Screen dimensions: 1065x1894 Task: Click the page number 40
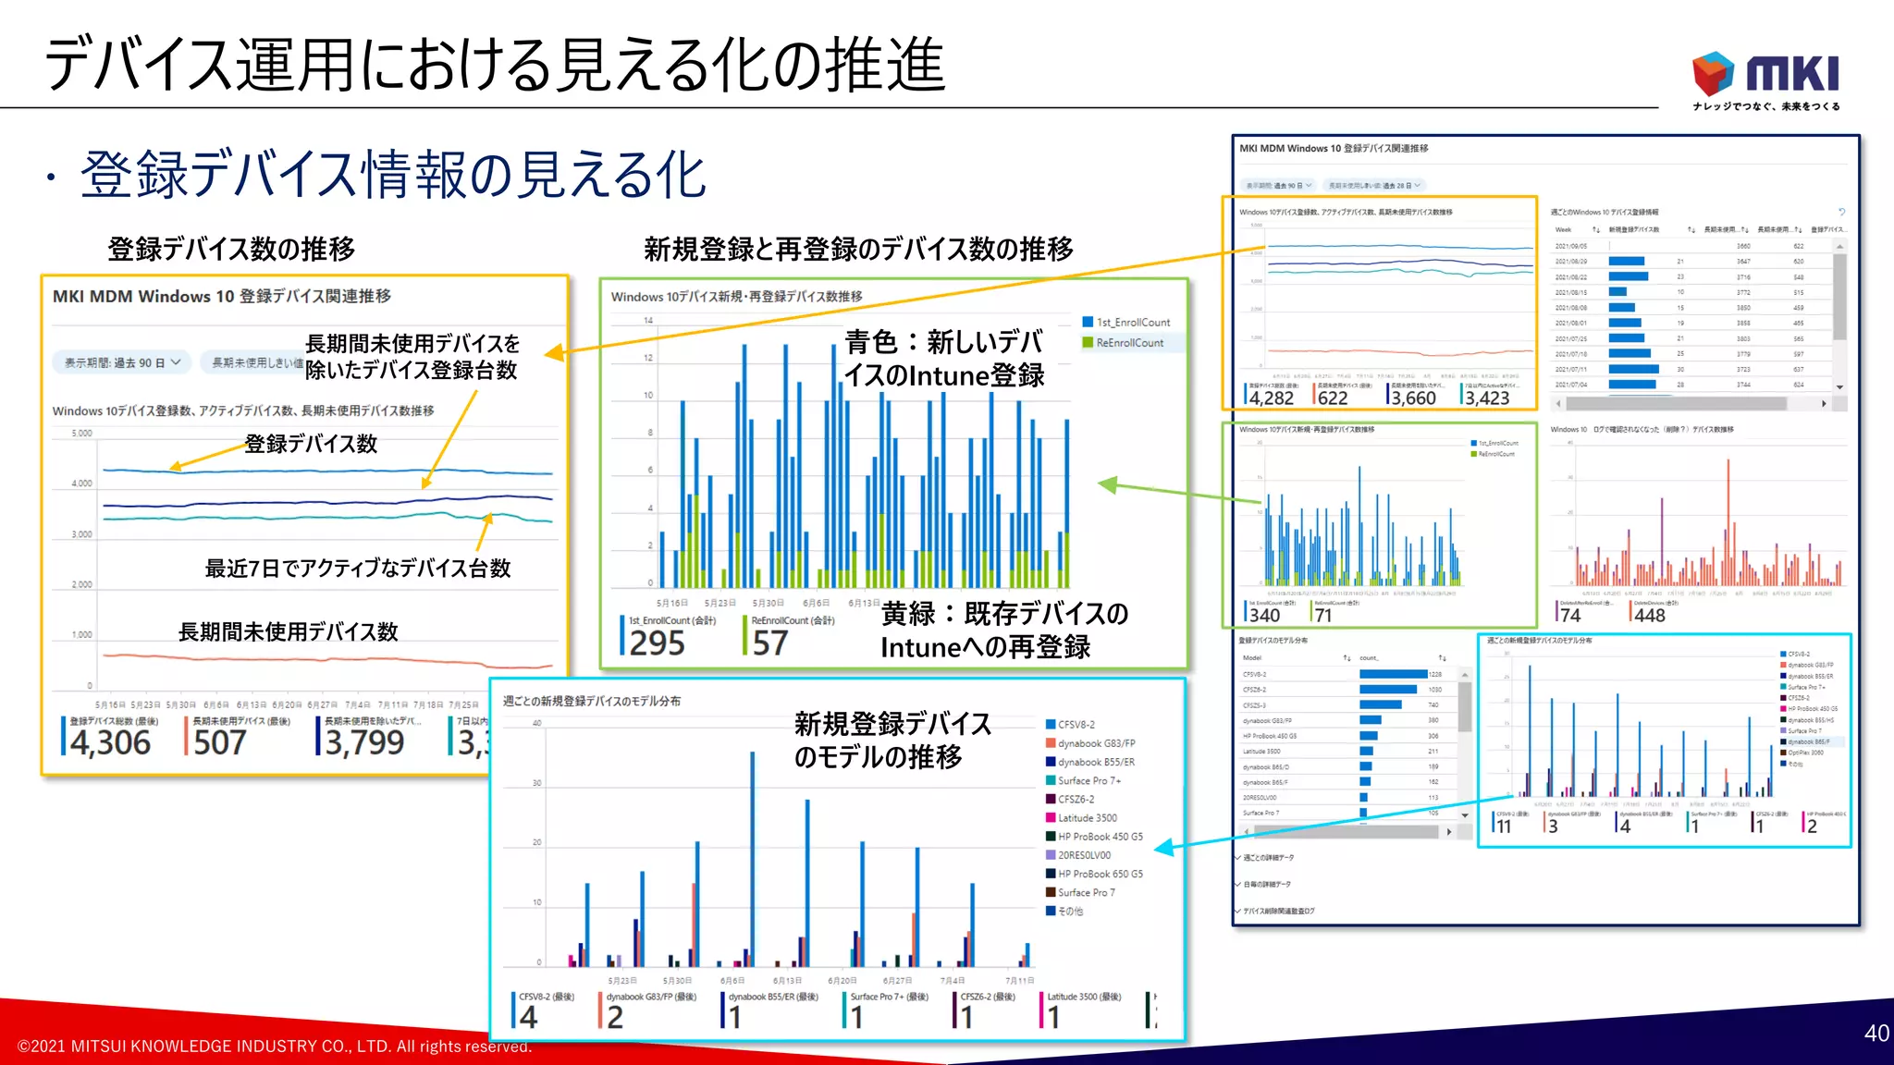coord(1876,1033)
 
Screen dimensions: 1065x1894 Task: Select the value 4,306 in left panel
coord(110,742)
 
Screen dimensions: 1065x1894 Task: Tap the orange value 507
coord(219,742)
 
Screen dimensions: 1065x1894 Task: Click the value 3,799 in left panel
coord(364,742)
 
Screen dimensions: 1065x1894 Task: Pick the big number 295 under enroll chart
coord(657,643)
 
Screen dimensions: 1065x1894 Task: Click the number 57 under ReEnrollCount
coord(769,643)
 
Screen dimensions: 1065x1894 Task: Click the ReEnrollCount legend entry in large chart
coord(1129,343)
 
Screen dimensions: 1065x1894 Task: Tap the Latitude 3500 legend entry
coord(1087,818)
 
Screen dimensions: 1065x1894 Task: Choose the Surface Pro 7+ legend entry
coord(1088,781)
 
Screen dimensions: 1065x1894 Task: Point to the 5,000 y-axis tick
coord(82,433)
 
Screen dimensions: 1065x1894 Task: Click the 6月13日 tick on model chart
coord(787,981)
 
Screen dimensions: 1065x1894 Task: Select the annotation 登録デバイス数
coord(311,444)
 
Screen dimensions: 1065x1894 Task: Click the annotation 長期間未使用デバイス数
coord(288,632)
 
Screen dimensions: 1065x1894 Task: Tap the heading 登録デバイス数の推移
coord(231,249)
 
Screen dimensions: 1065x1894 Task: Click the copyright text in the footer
coord(275,1047)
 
